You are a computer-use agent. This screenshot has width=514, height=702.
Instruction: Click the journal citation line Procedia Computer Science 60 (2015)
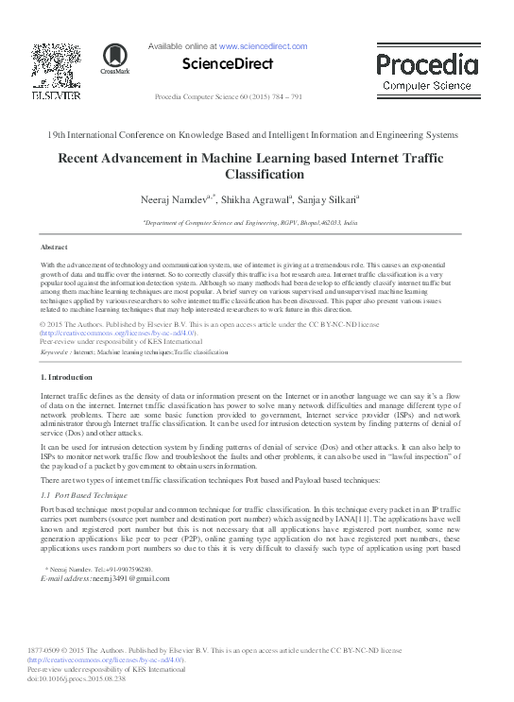point(228,97)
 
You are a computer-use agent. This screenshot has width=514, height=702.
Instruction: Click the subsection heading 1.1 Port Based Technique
point(84,494)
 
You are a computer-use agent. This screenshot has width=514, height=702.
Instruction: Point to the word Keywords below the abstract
point(55,351)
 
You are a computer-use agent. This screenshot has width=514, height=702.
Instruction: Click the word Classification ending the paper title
point(257,175)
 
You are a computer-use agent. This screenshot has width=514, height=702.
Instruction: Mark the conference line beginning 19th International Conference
point(256,134)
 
